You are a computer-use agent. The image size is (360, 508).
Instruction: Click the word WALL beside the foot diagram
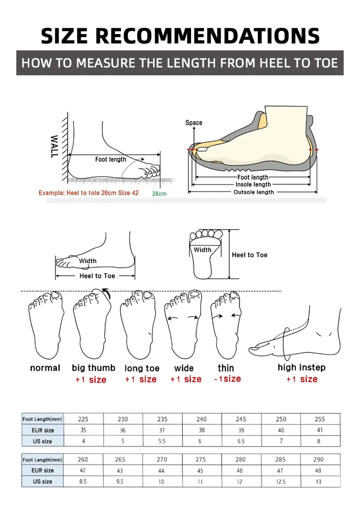tap(54, 145)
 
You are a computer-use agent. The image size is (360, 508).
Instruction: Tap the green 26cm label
tap(159, 194)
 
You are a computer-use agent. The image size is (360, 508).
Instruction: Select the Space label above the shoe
tap(194, 123)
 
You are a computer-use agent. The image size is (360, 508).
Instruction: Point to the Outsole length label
tap(253, 192)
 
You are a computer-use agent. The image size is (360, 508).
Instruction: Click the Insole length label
tap(253, 185)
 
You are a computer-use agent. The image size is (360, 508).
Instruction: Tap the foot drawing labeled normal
tap(46, 324)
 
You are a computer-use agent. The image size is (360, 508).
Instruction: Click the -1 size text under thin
tap(227, 379)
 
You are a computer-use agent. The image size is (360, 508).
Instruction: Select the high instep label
tap(301, 367)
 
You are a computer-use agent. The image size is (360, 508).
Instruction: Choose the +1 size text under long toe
tap(141, 379)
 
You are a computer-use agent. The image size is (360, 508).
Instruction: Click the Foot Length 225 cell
tap(83, 419)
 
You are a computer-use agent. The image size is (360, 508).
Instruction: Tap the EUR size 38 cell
tap(202, 430)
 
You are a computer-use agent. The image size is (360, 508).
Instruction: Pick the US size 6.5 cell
tap(241, 441)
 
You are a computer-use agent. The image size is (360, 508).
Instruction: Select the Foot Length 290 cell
tap(318, 460)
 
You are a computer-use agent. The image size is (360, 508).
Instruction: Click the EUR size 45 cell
tap(201, 471)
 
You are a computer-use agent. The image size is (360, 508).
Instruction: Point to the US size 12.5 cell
tap(280, 482)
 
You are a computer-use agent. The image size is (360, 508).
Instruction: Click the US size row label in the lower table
tap(43, 482)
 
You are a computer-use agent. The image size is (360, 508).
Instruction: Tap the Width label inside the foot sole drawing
tap(203, 250)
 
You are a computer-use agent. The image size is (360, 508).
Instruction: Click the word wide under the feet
tap(184, 368)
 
